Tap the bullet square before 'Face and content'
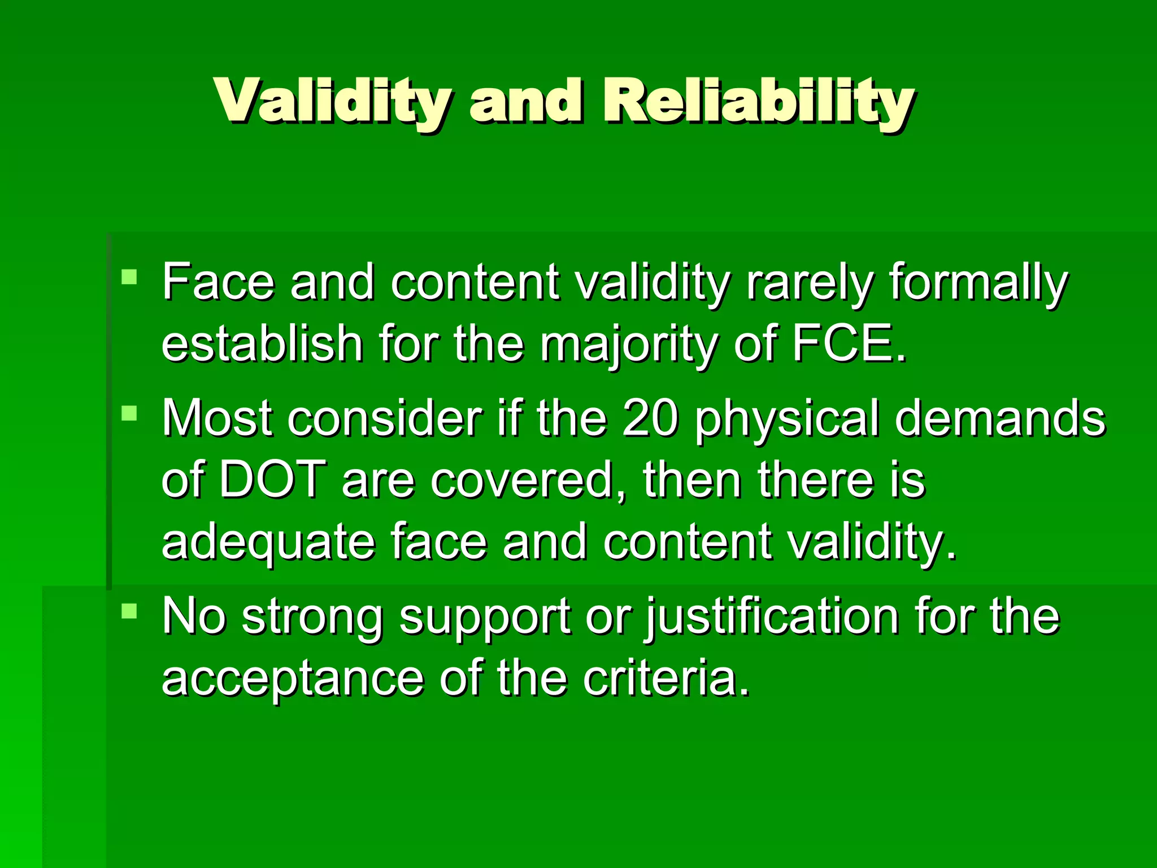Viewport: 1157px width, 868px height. [129, 277]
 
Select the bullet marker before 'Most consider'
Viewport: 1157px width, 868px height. [129, 413]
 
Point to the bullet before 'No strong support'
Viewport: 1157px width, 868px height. [129, 610]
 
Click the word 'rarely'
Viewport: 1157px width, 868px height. [810, 283]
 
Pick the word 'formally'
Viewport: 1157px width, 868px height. [978, 283]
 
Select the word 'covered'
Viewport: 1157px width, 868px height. [528, 480]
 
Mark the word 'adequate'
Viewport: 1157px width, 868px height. [268, 542]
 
